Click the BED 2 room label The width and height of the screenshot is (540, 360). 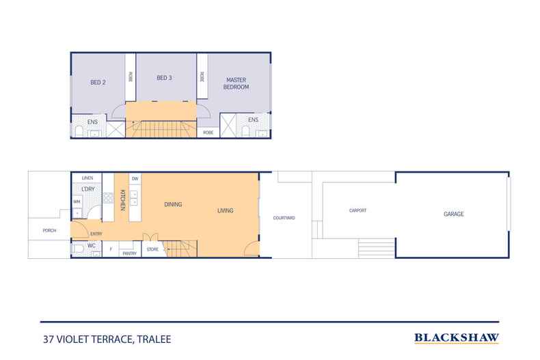coord(98,83)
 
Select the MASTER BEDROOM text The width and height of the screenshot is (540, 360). coord(237,83)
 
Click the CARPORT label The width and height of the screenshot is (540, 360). coord(357,210)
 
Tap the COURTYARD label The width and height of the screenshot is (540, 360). coord(284,218)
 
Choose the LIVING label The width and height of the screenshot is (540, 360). coord(226,210)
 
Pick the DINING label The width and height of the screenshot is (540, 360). coord(172,204)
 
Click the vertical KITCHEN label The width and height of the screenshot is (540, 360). coord(123,199)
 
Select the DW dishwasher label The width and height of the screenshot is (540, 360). coord(135,179)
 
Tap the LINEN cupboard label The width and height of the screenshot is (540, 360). coord(87,178)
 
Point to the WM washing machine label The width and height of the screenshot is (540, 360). coord(77,202)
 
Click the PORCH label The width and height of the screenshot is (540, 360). coord(49,231)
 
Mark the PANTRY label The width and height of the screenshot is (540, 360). coord(129,253)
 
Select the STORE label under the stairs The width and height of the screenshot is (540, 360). coord(152,249)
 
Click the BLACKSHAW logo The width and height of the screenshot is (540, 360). coord(457,337)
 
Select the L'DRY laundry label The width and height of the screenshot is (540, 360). coord(87,189)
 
